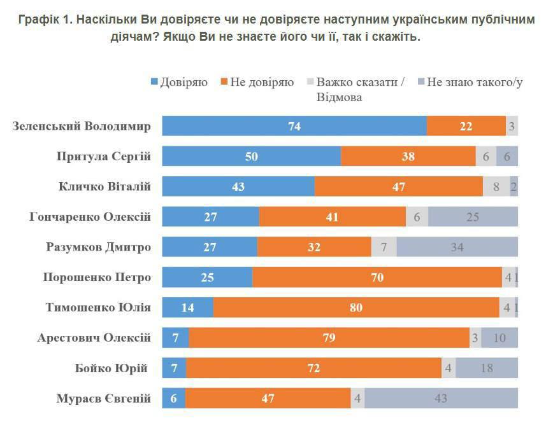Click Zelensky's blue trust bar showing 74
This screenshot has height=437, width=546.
tap(294, 126)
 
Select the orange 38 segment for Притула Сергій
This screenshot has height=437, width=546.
tap(408, 156)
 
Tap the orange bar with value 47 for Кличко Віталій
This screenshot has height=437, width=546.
tap(399, 186)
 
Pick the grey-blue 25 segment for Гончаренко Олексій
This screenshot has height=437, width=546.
tap(473, 216)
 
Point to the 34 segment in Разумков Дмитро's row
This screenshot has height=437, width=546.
tap(457, 247)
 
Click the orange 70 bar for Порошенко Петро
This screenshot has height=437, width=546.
tap(377, 277)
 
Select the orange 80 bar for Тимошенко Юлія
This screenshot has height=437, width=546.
tap(356, 307)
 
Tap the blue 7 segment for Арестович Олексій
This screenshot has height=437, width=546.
tap(175, 338)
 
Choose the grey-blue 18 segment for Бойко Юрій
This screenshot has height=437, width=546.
tap(486, 368)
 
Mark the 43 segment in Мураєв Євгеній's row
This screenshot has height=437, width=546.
tap(441, 398)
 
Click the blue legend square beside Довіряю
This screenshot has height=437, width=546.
tap(154, 82)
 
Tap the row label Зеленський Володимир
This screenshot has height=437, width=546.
tap(82, 126)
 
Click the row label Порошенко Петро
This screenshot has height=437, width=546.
tap(97, 277)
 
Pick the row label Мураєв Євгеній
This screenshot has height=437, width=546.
tap(103, 399)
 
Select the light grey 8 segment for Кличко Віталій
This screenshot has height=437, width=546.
tap(496, 186)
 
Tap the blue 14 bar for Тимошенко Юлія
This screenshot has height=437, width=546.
tap(187, 307)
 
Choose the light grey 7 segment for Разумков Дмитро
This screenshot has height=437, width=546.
tap(384, 247)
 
